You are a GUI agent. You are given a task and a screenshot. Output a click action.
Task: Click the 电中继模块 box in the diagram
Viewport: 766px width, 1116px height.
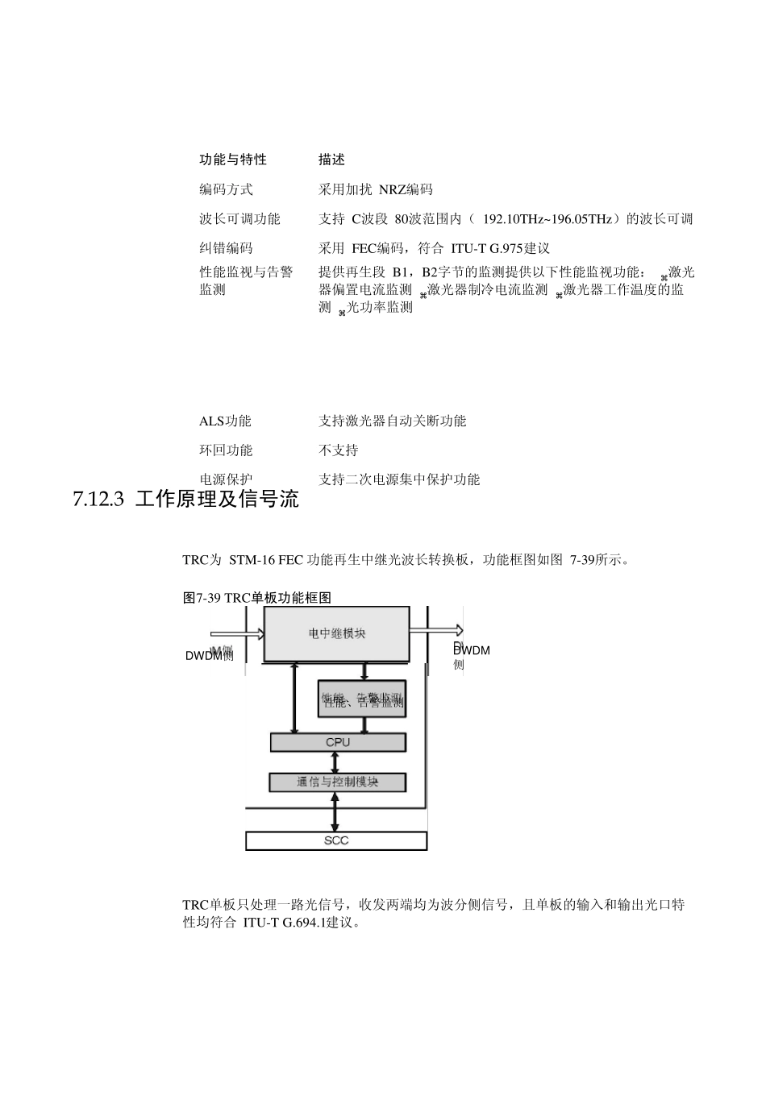pos(337,634)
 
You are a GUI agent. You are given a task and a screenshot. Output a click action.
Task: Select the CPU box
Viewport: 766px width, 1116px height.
pos(338,742)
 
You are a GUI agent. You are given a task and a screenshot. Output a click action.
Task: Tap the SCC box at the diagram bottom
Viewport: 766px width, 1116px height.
pos(336,841)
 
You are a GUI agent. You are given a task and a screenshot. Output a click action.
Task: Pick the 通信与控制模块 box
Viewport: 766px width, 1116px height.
pos(338,782)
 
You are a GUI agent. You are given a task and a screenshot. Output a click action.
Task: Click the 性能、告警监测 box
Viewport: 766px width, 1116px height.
pos(363,699)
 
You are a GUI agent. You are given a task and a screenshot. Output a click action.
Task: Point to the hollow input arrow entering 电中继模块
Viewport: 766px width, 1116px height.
pos(238,633)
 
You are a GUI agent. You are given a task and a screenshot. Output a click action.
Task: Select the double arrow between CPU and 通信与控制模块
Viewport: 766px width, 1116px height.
pos(336,762)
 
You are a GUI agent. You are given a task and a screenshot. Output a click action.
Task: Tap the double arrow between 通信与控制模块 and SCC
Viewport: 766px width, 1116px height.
pos(336,811)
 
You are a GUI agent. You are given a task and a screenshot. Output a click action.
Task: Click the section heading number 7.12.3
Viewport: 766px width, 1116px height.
pos(98,500)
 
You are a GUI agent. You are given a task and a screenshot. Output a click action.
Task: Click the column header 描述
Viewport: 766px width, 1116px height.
pos(331,160)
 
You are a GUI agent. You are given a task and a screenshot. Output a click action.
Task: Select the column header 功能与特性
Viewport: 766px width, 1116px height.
pos(233,160)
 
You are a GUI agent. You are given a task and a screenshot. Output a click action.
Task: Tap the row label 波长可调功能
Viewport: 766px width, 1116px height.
pos(239,218)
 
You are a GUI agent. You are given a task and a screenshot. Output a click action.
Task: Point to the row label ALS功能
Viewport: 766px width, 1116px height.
pos(225,421)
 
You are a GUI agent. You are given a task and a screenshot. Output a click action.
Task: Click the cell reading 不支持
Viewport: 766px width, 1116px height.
pos(339,450)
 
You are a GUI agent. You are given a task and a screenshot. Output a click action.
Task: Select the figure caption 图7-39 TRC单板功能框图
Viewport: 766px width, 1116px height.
pos(257,597)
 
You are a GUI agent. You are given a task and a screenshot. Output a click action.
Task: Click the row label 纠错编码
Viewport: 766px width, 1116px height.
pos(226,248)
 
